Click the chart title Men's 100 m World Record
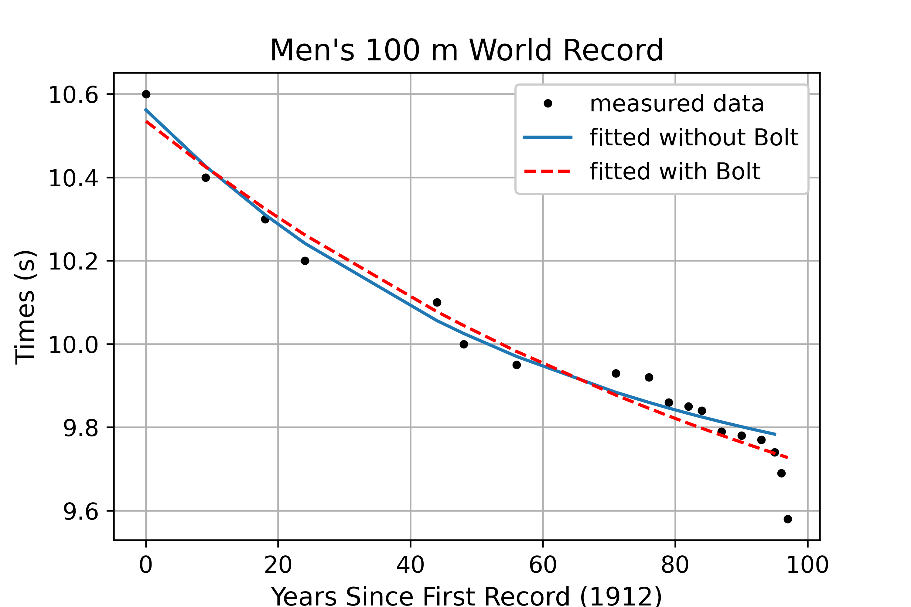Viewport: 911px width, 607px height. pyautogui.click(x=466, y=50)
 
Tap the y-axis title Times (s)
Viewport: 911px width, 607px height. pyautogui.click(x=26, y=308)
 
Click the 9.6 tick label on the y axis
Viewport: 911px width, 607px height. pyautogui.click(x=80, y=511)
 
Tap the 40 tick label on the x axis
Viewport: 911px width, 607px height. pyautogui.click(x=410, y=565)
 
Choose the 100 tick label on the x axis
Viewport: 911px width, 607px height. pyautogui.click(x=807, y=565)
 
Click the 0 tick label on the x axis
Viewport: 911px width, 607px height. pyautogui.click(x=146, y=565)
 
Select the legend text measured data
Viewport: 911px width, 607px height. pyautogui.click(x=676, y=104)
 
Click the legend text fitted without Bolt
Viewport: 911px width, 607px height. pyautogui.click(x=694, y=137)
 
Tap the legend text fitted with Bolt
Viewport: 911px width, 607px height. pyautogui.click(x=675, y=171)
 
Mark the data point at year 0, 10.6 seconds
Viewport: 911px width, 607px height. pyautogui.click(x=146, y=94)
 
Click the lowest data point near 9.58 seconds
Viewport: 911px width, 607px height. pyautogui.click(x=788, y=519)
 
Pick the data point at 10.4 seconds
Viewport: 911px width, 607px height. pyautogui.click(x=206, y=178)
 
